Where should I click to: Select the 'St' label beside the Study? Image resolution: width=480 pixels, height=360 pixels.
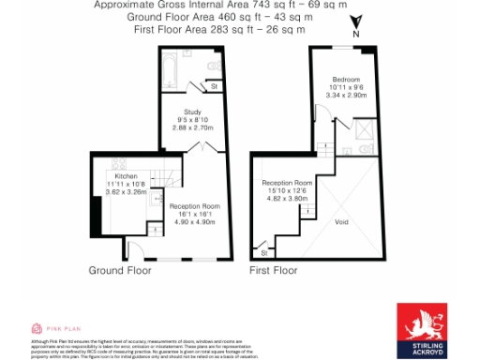click(x=215, y=87)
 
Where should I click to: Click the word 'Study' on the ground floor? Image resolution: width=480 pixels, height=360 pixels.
click(x=192, y=112)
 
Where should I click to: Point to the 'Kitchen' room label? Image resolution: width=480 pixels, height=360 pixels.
click(x=126, y=176)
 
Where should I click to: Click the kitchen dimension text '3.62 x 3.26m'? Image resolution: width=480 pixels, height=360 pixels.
click(x=127, y=191)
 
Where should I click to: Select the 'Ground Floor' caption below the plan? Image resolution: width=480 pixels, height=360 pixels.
click(x=120, y=270)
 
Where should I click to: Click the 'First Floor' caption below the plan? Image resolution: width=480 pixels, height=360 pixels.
click(x=273, y=270)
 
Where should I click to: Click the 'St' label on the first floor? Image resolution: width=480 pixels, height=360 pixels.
click(x=264, y=252)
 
